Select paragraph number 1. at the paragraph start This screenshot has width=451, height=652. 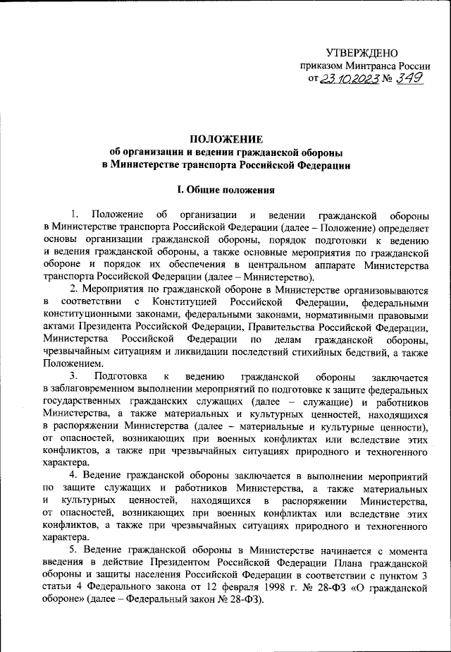(76, 214)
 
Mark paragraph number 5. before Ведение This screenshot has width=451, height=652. (74, 550)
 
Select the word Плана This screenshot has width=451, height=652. (338, 563)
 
